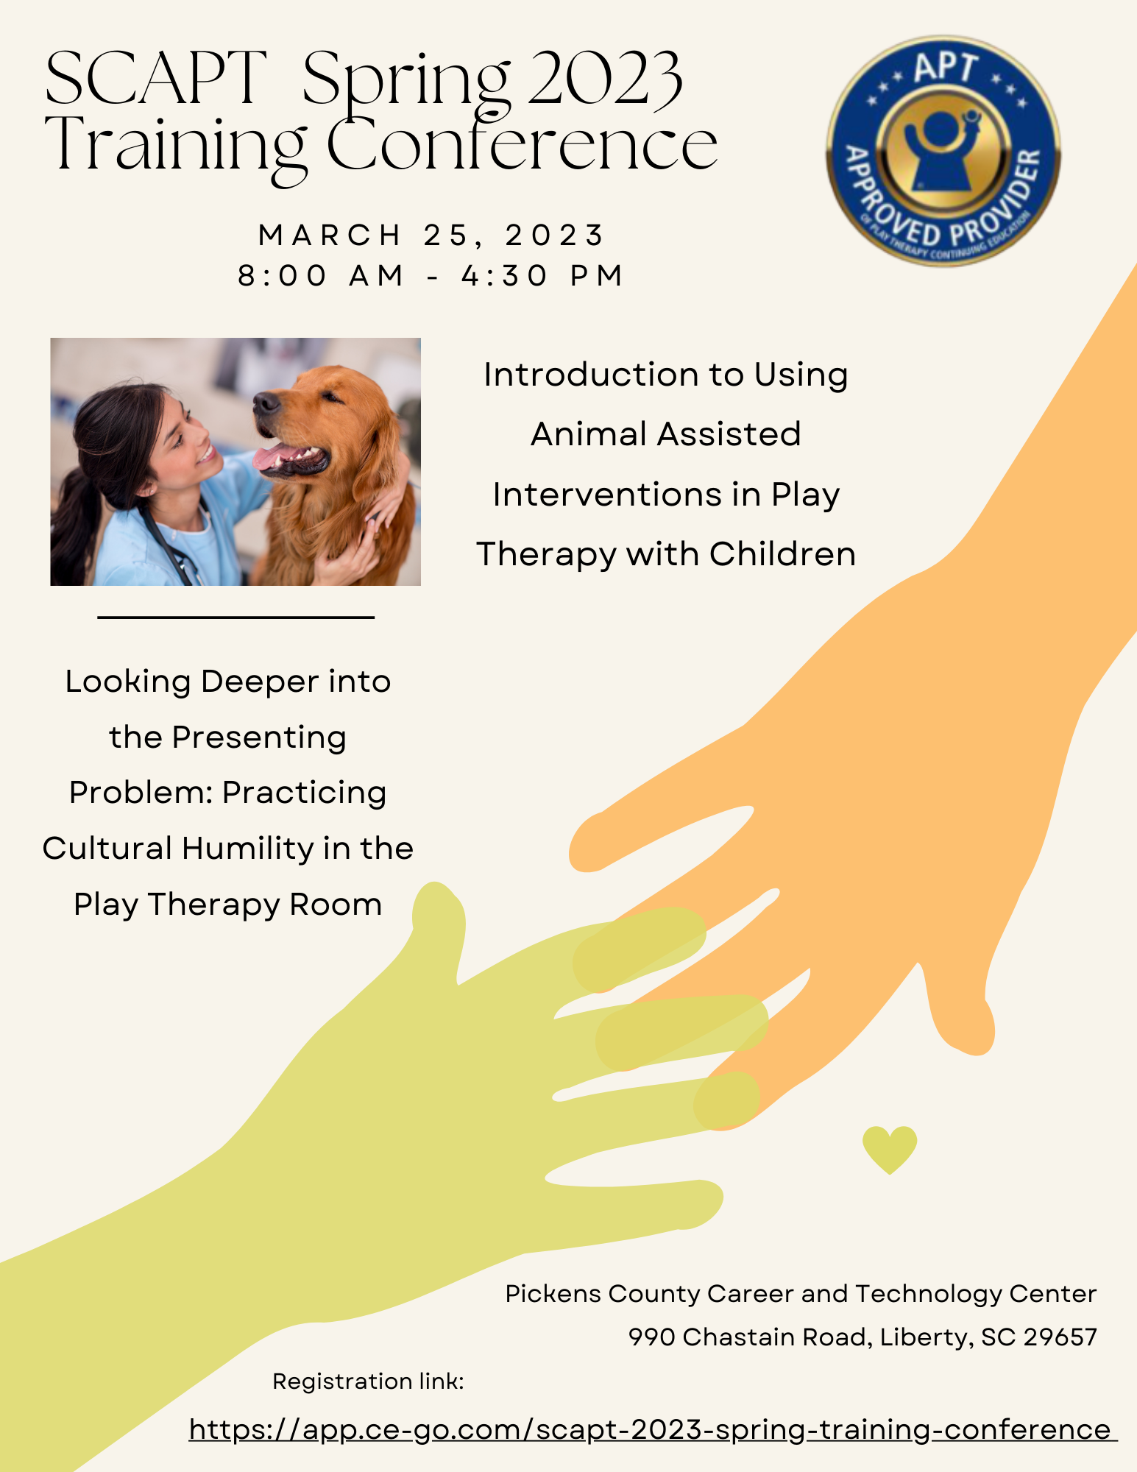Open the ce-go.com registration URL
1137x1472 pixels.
pyautogui.click(x=653, y=1429)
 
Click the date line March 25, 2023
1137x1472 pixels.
pyautogui.click(x=431, y=236)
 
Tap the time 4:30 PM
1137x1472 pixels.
pyautogui.click(x=542, y=275)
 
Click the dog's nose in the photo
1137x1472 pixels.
pyautogui.click(x=266, y=403)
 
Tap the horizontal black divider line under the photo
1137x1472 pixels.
pyautogui.click(x=235, y=618)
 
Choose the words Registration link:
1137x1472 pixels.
pyautogui.click(x=368, y=1381)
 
